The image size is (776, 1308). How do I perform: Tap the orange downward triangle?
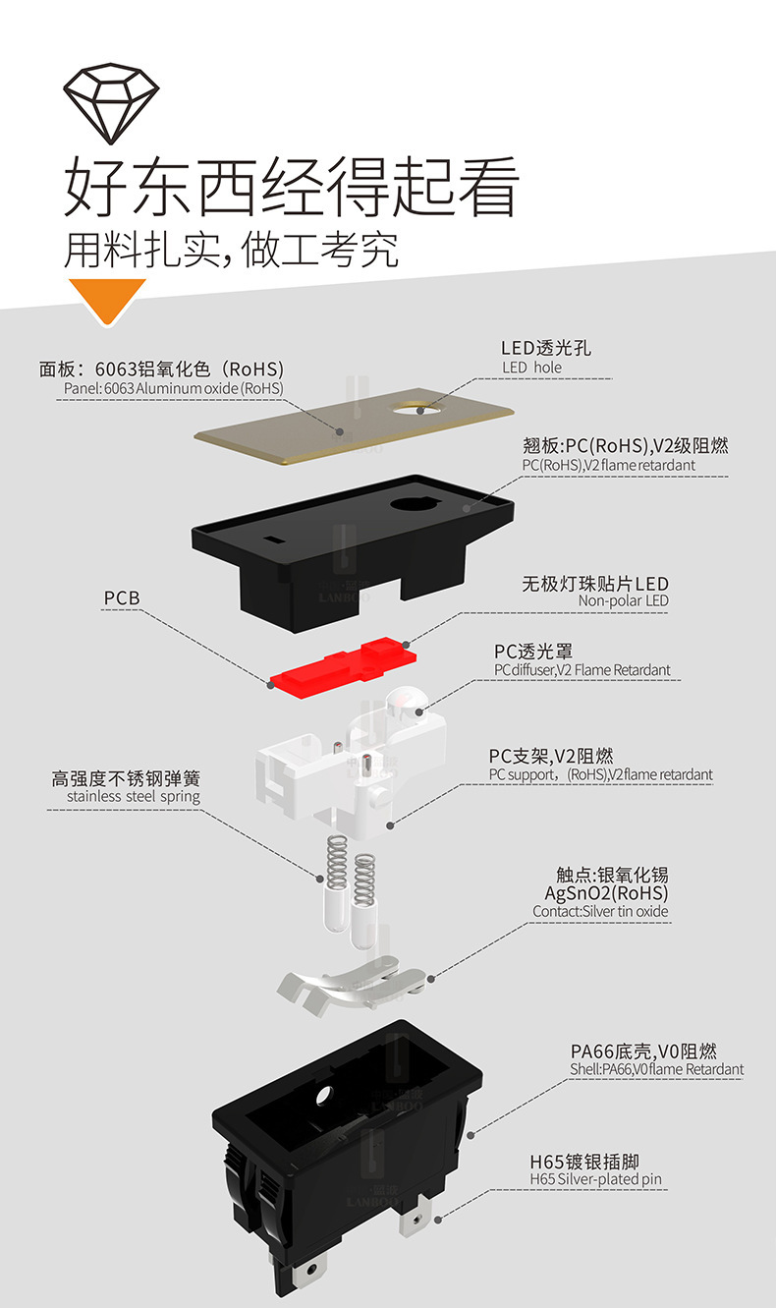pyautogui.click(x=106, y=299)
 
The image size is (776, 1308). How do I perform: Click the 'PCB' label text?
pyautogui.click(x=122, y=597)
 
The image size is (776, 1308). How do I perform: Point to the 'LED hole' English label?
pyautogui.click(x=531, y=368)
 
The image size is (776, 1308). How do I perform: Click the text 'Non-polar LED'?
pyautogui.click(x=623, y=601)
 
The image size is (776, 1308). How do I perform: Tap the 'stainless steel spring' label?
pyautogui.click(x=134, y=797)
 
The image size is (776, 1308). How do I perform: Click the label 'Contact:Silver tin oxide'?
pyautogui.click(x=600, y=912)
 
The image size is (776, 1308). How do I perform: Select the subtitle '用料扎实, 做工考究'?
pyautogui.click(x=231, y=251)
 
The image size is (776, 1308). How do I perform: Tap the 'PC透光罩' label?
pyautogui.click(x=532, y=652)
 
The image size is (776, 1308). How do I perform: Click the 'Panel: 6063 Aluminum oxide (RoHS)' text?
pyautogui.click(x=169, y=389)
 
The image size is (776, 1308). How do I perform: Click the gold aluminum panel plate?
pyautogui.click(x=295, y=432)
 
